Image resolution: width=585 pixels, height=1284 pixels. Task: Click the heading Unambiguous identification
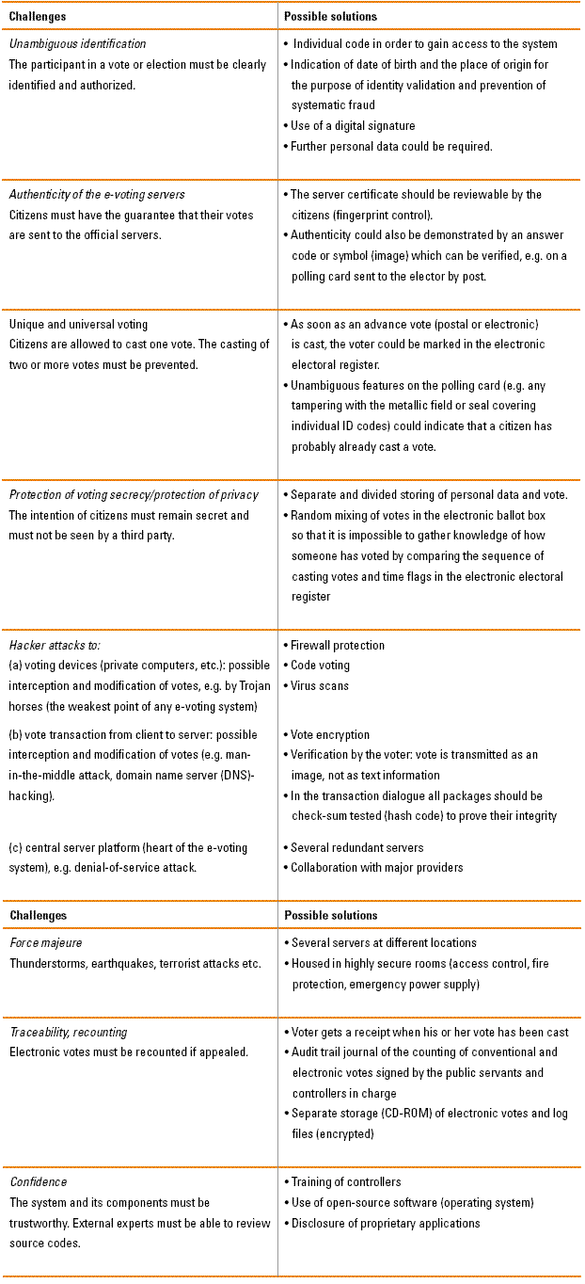(77, 44)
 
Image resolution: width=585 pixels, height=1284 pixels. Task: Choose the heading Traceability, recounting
(68, 1032)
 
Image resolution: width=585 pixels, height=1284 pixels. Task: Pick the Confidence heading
(39, 1182)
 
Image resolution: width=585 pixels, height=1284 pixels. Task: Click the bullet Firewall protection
(337, 646)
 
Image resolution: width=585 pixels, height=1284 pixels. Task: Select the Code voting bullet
(320, 666)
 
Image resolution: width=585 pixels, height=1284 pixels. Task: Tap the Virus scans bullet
(320, 686)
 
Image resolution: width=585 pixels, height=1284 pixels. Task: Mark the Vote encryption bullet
(329, 735)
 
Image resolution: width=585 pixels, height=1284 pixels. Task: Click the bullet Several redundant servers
(356, 848)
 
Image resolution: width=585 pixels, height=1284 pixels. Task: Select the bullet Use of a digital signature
(353, 126)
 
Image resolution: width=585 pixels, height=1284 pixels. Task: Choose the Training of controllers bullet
(345, 1182)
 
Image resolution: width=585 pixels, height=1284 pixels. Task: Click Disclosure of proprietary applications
(385, 1224)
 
